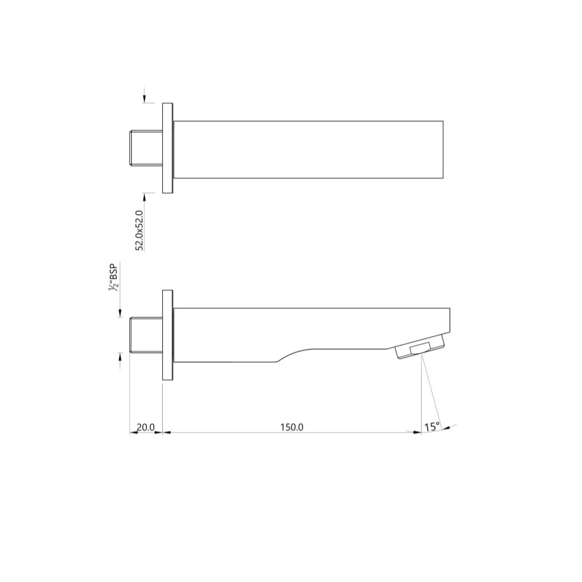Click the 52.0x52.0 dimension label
click(x=139, y=230)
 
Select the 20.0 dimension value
click(x=145, y=427)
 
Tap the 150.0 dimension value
click(x=292, y=427)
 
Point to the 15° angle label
click(x=432, y=427)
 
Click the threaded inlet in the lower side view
click(x=145, y=334)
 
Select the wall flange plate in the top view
click(x=168, y=148)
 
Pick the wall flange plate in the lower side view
click(x=167, y=335)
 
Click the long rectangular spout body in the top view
click(x=308, y=149)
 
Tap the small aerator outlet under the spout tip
click(x=420, y=349)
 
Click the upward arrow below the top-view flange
click(x=145, y=196)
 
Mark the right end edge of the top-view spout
click(x=443, y=149)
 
